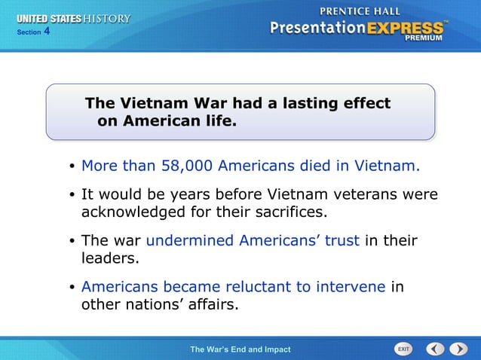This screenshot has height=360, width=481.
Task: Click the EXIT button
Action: tap(404, 349)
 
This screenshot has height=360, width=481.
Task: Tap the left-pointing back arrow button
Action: tap(435, 349)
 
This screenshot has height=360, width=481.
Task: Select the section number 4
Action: tap(46, 32)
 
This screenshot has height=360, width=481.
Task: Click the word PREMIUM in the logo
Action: tap(425, 37)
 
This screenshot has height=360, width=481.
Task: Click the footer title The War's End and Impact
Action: tap(240, 349)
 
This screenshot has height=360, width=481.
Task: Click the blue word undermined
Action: tap(190, 241)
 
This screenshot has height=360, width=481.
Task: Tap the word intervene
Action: tap(351, 287)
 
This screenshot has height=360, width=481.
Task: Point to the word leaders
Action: tap(111, 258)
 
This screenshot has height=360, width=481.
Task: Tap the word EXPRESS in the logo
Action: tap(406, 28)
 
